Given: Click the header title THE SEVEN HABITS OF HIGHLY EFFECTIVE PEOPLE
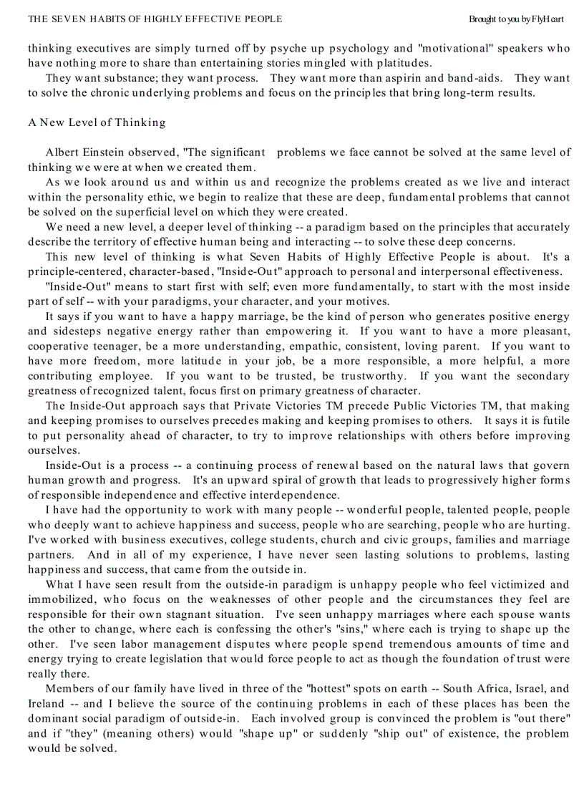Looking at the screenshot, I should [x=155, y=19].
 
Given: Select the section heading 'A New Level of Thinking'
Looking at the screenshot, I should [x=97, y=122].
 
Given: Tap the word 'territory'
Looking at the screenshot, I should [x=114, y=241].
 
